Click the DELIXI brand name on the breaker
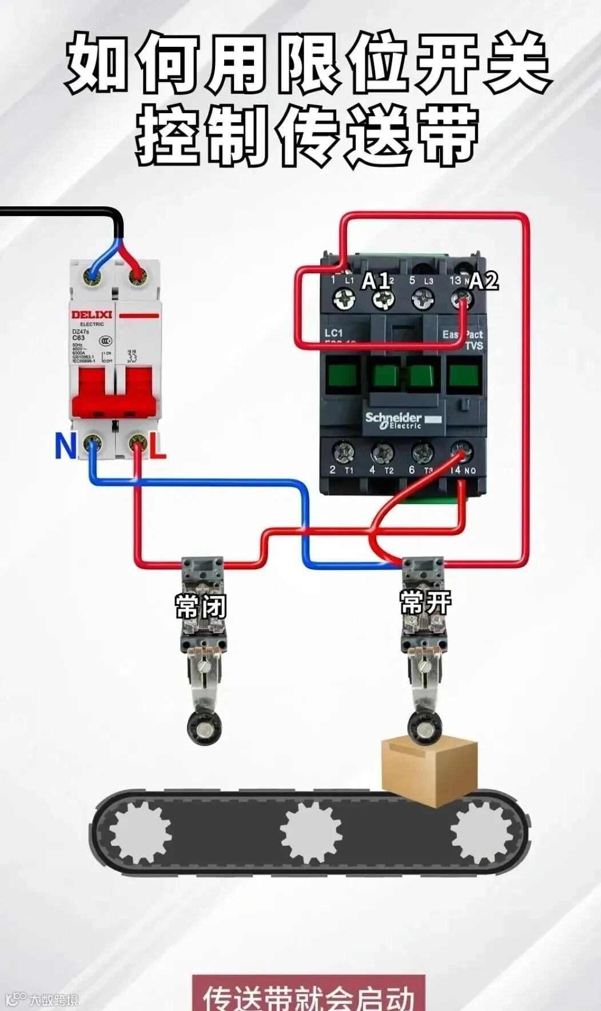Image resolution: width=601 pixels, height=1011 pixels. click(x=91, y=315)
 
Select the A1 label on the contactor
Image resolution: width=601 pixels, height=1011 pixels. click(x=376, y=280)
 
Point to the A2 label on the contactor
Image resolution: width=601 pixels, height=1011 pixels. click(x=484, y=281)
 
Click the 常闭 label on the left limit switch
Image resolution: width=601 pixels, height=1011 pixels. click(x=201, y=606)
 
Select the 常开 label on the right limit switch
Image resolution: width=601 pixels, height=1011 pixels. click(x=425, y=602)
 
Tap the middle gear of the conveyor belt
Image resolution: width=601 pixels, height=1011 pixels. click(x=311, y=832)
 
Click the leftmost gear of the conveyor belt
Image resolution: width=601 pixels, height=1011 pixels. click(x=140, y=832)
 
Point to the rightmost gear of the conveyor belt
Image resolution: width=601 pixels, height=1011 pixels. click(x=481, y=832)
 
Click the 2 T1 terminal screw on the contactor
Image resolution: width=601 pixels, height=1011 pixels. click(x=342, y=453)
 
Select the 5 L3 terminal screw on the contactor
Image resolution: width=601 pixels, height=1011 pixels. click(x=423, y=298)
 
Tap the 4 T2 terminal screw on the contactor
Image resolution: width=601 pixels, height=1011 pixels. click(x=382, y=453)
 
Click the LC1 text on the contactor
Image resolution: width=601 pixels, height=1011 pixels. click(x=333, y=333)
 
